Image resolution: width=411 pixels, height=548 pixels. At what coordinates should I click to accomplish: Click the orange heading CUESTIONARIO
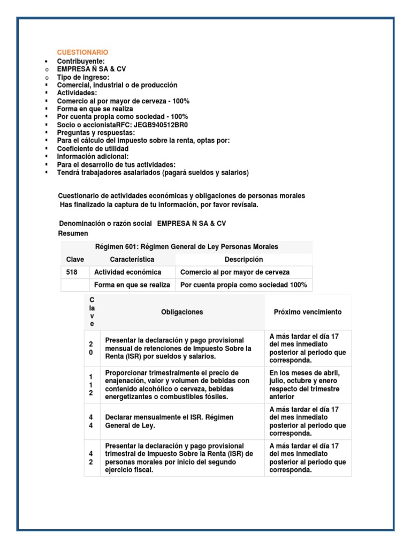[82, 52]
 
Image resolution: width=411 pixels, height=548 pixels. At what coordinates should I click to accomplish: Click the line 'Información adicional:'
[93, 157]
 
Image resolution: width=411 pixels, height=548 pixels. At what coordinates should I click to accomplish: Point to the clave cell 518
[72, 272]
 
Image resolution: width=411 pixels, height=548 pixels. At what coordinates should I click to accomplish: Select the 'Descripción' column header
[243, 260]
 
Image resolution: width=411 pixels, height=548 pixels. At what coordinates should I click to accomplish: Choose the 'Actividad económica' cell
[127, 272]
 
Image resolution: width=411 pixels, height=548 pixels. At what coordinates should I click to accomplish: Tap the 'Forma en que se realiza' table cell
[132, 285]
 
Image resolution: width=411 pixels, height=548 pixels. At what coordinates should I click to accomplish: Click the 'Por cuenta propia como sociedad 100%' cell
[243, 285]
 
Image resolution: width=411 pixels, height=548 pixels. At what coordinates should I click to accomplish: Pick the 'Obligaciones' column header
[182, 312]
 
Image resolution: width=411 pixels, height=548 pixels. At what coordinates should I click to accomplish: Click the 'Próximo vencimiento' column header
[308, 312]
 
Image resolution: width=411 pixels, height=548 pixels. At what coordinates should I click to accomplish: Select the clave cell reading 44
[92, 421]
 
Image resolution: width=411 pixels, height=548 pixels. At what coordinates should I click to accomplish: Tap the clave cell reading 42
[92, 458]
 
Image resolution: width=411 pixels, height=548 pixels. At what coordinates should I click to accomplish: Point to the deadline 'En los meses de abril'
[304, 373]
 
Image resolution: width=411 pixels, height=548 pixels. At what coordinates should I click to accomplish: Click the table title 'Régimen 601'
[186, 247]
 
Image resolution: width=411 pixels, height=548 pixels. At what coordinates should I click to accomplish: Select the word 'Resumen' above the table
[73, 234]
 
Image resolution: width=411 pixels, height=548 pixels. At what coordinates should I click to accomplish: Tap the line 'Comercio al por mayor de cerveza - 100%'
[123, 101]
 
